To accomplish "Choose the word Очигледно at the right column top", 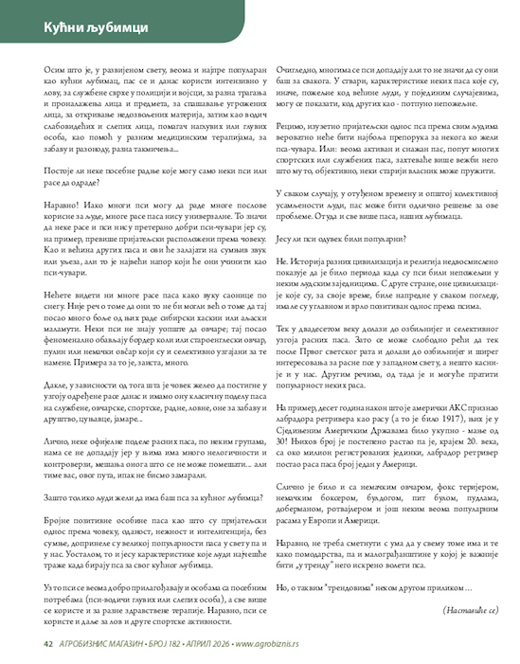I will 298,71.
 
